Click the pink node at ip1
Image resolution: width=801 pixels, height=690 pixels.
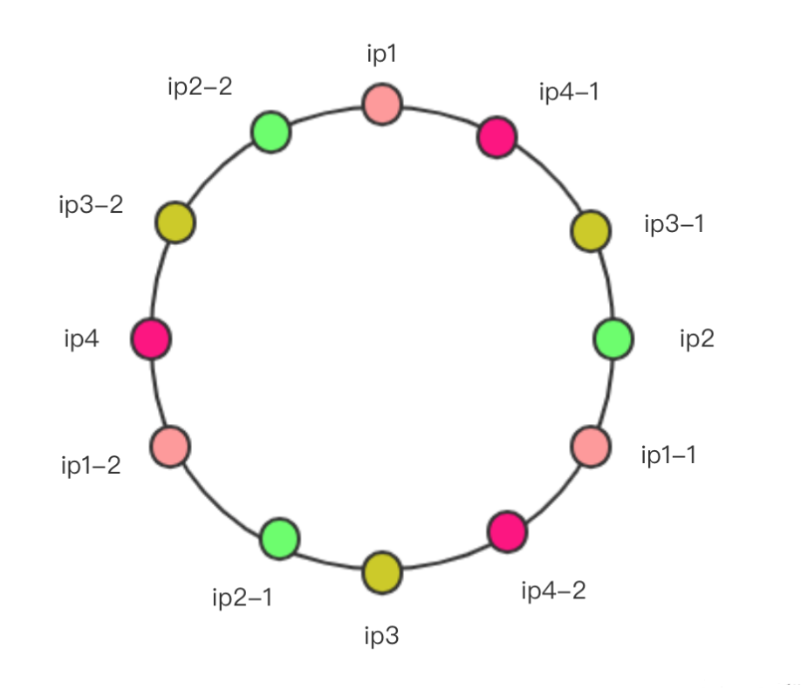pyautogui.click(x=382, y=104)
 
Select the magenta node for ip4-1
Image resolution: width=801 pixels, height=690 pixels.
pyautogui.click(x=497, y=137)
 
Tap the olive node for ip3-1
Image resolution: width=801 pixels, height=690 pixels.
pyautogui.click(x=591, y=231)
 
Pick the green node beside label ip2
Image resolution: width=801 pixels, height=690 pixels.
pyautogui.click(x=613, y=338)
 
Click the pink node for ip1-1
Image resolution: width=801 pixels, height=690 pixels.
pyautogui.click(x=591, y=447)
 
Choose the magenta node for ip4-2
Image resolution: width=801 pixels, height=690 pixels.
pyautogui.click(x=507, y=531)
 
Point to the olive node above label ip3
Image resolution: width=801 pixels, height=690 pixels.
pyautogui.click(x=382, y=572)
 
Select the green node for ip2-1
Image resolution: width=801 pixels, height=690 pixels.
pyautogui.click(x=279, y=538)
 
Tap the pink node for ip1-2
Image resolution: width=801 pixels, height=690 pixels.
pyautogui.click(x=170, y=447)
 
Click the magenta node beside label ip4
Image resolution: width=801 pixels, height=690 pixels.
pyautogui.click(x=151, y=338)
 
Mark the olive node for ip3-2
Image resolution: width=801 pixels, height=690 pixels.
pyautogui.click(x=175, y=222)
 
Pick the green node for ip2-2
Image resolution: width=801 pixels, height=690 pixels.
pyautogui.click(x=271, y=132)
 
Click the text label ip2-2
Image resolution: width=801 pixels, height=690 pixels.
pyautogui.click(x=200, y=87)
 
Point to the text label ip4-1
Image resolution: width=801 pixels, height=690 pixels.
pyautogui.click(x=569, y=92)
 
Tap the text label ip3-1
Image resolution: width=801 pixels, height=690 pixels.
pyautogui.click(x=674, y=224)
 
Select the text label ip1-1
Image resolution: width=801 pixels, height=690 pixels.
pyautogui.click(x=668, y=455)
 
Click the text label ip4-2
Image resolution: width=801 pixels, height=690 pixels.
pyautogui.click(x=554, y=591)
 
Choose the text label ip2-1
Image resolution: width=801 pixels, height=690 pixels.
pyautogui.click(x=243, y=598)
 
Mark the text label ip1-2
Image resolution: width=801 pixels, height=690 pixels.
pyautogui.click(x=91, y=466)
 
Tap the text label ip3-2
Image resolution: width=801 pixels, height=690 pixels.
pyautogui.click(x=91, y=205)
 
